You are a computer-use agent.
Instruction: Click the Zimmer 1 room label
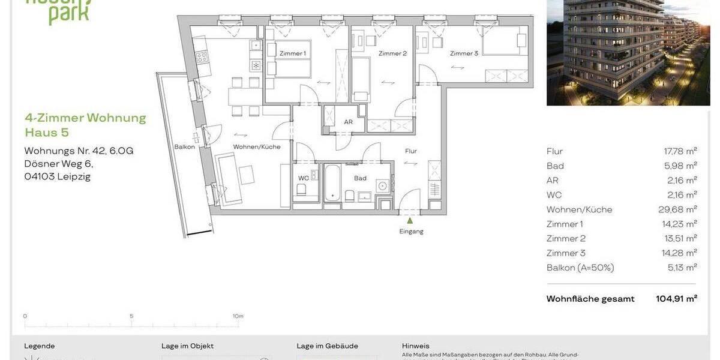(292, 53)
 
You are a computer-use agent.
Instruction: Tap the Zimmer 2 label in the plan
(392, 53)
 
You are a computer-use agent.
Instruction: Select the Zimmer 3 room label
(464, 53)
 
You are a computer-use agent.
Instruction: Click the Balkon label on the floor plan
(184, 146)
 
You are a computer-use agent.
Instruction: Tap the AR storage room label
(348, 122)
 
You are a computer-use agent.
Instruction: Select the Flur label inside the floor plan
(410, 151)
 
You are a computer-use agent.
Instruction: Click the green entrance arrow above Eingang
(410, 220)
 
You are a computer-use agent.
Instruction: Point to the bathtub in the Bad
(332, 182)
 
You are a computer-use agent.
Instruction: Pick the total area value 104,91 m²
(676, 299)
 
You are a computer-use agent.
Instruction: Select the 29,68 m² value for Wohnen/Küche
(677, 209)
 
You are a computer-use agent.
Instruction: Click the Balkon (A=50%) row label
(580, 268)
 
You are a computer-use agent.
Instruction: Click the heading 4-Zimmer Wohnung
(85, 118)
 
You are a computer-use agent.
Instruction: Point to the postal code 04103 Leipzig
(57, 176)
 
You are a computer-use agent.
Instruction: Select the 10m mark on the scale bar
(238, 316)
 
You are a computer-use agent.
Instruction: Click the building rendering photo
(628, 53)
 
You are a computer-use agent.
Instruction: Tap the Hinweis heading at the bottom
(415, 346)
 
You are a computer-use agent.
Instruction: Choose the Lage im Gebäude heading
(327, 346)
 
